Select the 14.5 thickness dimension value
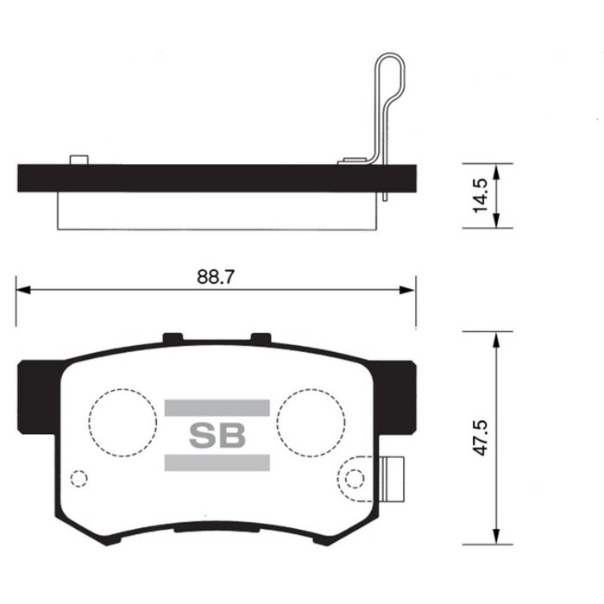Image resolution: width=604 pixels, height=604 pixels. click(x=481, y=197)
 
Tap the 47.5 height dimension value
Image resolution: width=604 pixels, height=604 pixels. click(x=481, y=438)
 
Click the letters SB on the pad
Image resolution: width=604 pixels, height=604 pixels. click(x=217, y=436)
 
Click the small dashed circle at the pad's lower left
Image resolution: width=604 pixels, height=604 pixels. click(x=79, y=478)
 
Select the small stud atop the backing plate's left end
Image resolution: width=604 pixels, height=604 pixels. click(x=79, y=160)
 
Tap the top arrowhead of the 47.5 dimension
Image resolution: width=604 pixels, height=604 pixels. click(x=496, y=339)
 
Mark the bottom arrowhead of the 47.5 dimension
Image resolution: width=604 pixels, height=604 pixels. click(x=496, y=537)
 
